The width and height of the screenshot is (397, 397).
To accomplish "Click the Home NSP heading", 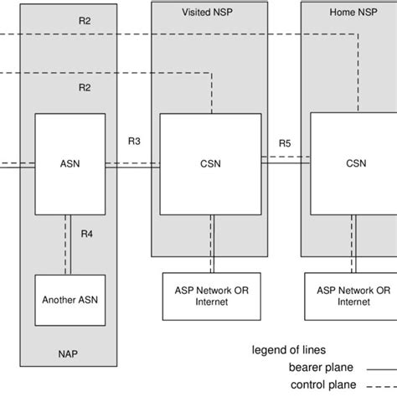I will (x=353, y=13).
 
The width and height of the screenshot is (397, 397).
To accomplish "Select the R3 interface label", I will (x=134, y=142).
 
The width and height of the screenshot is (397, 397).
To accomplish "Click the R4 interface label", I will (x=85, y=235).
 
